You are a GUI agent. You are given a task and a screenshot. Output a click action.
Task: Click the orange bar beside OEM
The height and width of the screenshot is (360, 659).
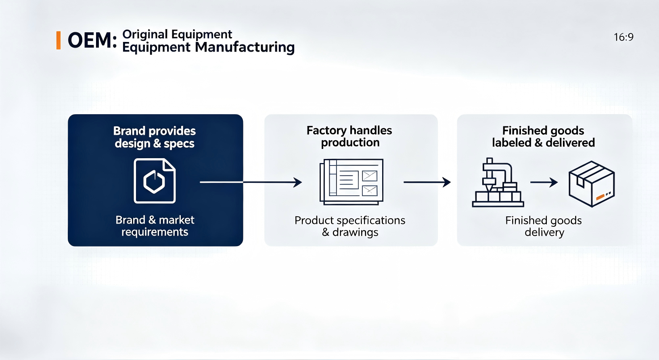coord(59,40)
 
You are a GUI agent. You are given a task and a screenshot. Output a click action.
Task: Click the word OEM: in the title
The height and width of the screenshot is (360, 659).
coord(92,40)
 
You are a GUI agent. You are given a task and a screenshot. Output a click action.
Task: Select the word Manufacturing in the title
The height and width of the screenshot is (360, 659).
coord(245,47)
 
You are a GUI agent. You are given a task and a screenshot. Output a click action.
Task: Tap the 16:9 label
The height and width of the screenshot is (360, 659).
coord(623,37)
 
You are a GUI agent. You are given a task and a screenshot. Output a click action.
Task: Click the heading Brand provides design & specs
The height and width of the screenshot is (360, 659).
coord(155,137)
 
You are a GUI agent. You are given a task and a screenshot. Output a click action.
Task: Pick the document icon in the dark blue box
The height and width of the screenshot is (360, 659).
coord(155,180)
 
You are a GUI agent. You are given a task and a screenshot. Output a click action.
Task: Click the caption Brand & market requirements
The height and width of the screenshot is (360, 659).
coord(155,226)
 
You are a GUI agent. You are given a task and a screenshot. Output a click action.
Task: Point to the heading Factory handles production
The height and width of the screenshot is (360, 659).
coord(349,136)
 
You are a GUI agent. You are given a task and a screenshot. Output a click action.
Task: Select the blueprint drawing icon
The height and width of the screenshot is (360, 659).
coord(351,182)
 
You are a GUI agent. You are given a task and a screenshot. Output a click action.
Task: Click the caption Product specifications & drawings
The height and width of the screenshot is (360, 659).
coord(350,226)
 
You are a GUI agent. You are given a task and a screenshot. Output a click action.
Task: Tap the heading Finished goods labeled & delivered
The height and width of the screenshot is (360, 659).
coord(543,136)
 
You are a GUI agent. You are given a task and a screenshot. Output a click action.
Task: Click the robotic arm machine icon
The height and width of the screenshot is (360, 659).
coord(498,182)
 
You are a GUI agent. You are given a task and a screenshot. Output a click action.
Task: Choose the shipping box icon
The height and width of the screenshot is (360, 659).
coord(592,184)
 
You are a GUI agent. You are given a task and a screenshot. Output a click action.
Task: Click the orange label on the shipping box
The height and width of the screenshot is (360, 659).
coord(600,197)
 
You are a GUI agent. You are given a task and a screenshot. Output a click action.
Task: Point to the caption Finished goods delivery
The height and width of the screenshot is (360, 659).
coord(544,226)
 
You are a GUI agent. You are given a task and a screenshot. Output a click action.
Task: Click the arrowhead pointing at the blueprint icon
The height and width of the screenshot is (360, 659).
coord(298,182)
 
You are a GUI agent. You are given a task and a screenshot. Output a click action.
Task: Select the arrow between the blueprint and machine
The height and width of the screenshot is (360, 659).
coord(427,182)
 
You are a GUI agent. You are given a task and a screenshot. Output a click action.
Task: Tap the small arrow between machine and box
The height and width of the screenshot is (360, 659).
coord(544,182)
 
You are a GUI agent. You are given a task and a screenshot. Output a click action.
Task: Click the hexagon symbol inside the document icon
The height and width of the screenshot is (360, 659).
coord(154,182)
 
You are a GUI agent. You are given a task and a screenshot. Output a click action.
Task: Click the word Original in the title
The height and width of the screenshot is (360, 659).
coord(145,35)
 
